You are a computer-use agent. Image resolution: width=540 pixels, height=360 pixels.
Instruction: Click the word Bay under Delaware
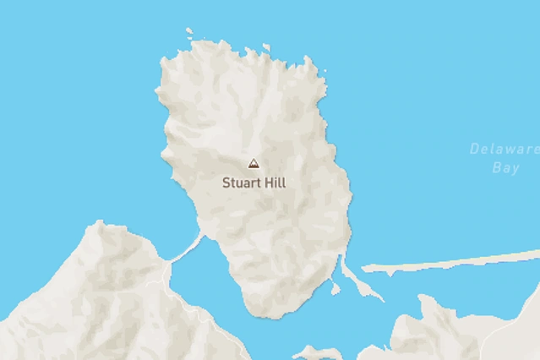(505, 168)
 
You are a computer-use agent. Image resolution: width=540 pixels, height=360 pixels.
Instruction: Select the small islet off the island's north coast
(266, 48)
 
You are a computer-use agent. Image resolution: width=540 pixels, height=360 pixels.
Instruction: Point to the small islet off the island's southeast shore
(335, 290)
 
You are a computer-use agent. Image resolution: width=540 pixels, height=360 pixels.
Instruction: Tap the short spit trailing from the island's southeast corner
(359, 281)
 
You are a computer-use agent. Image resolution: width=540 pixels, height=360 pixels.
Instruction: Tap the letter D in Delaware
(474, 150)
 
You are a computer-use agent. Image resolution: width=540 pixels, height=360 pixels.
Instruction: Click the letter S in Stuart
(226, 182)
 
